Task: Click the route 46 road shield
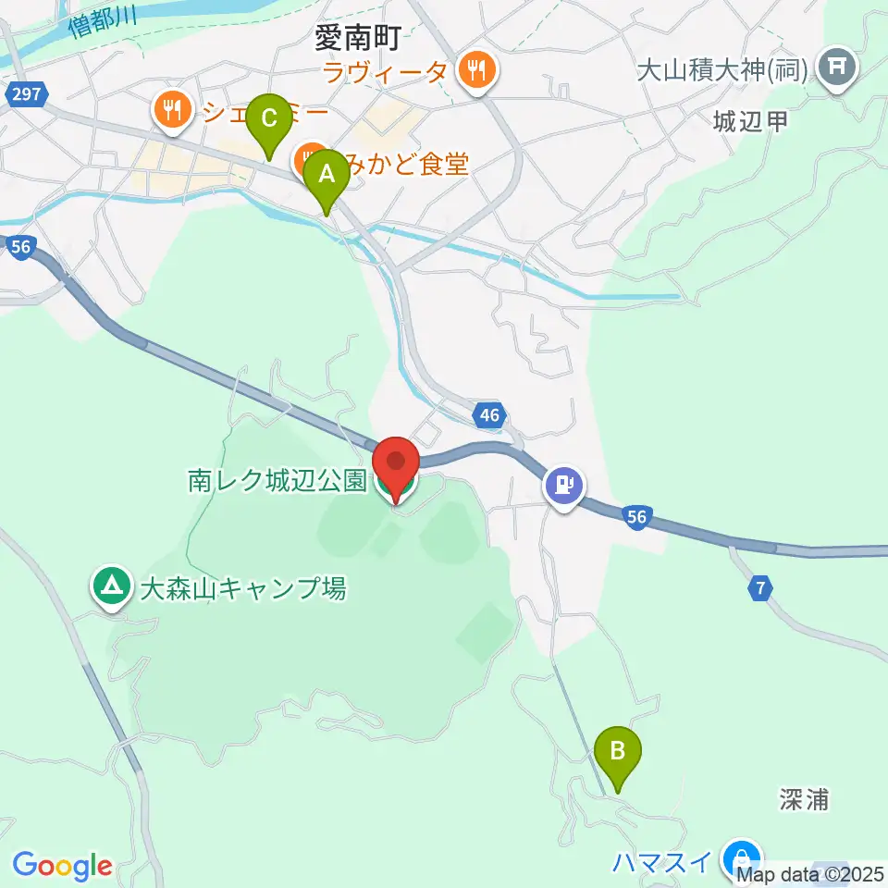coord(489,416)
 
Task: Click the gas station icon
coord(563,484)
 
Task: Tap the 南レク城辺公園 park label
coord(277,481)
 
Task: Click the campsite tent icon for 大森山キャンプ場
coord(112,586)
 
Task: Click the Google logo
coord(62,867)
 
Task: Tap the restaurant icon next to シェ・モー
coord(172,111)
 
